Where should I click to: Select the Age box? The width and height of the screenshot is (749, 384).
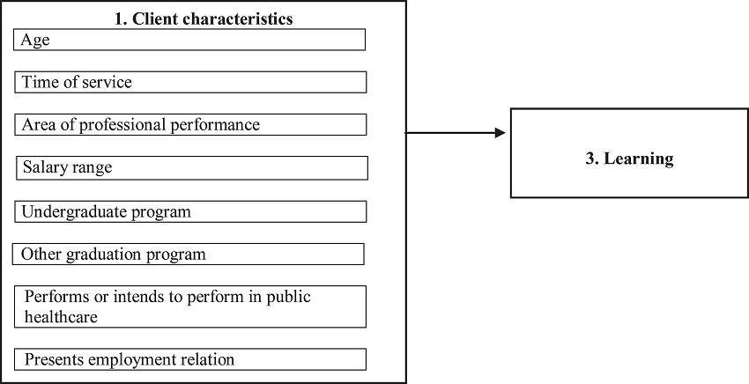pyautogui.click(x=190, y=41)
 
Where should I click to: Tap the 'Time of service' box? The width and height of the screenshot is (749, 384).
pyautogui.click(x=190, y=83)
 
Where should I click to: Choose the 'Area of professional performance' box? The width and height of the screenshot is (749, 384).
pyautogui.click(x=190, y=125)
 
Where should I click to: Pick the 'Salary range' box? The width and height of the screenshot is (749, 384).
pyautogui.click(x=191, y=167)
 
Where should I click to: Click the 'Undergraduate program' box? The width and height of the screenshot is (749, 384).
pyautogui.click(x=190, y=212)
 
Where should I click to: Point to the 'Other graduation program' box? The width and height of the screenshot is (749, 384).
pyautogui.click(x=189, y=255)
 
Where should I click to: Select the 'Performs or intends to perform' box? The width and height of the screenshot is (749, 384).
pyautogui.click(x=190, y=306)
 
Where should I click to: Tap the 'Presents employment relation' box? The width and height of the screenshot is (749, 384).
pyautogui.click(x=190, y=359)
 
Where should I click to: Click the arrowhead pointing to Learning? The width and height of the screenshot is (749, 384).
pyautogui.click(x=500, y=133)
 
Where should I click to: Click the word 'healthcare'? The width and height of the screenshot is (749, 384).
pyautogui.click(x=61, y=316)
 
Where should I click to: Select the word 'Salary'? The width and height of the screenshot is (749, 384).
pyautogui.click(x=43, y=167)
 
